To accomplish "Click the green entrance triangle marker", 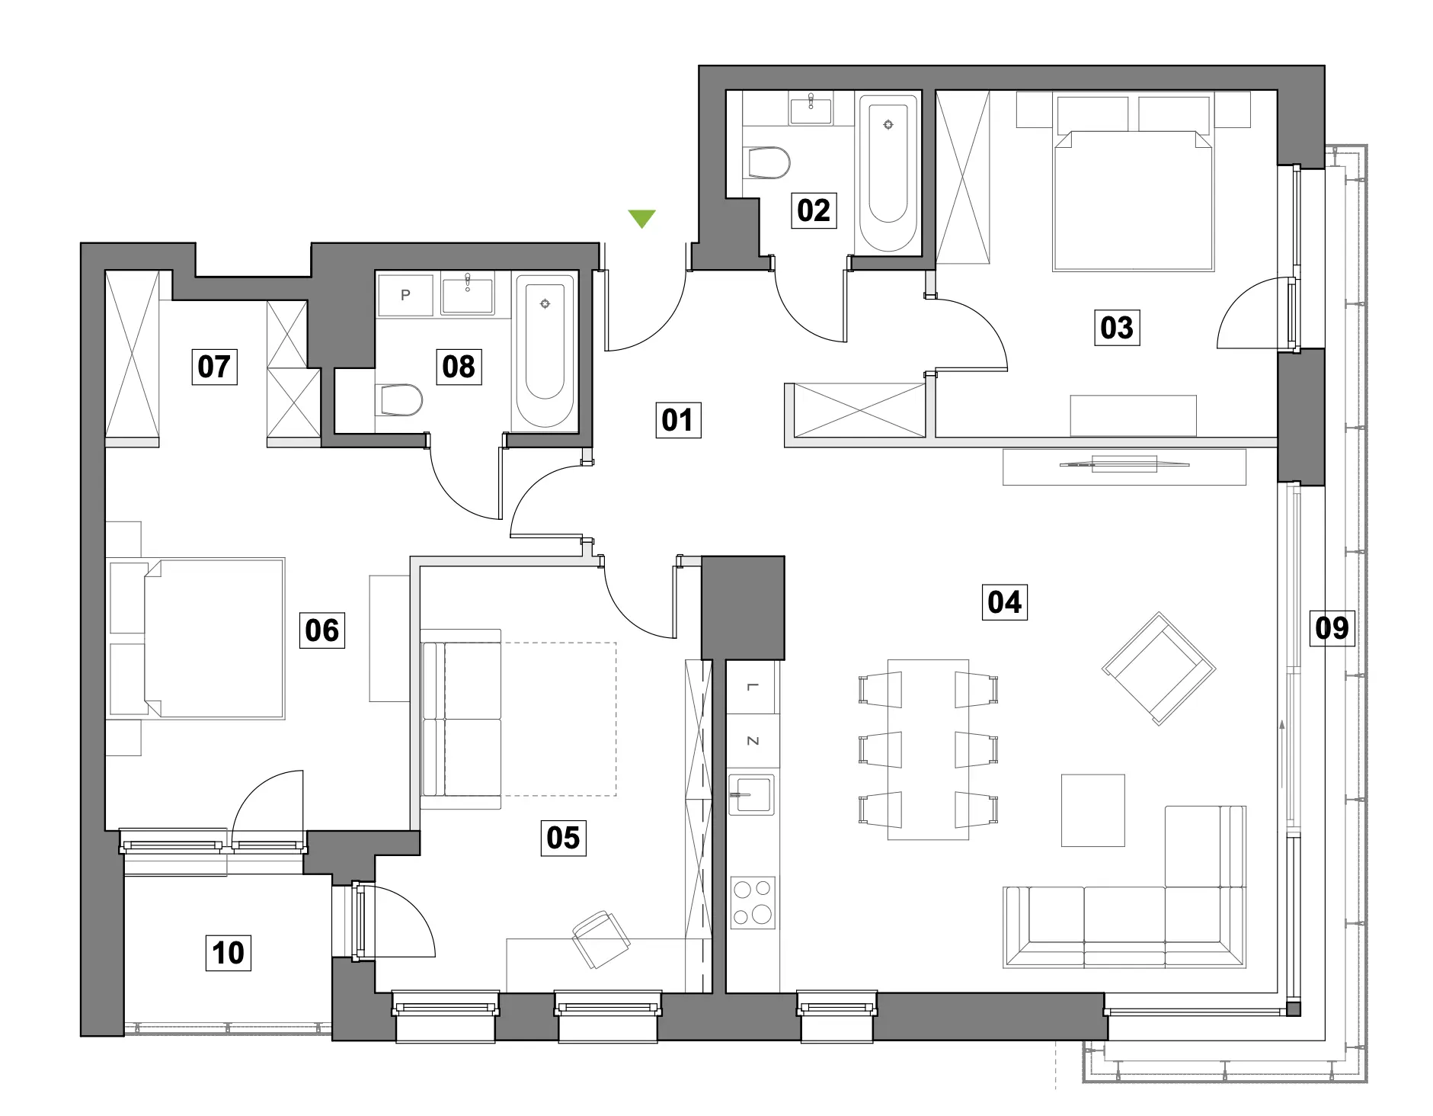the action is point(642,219).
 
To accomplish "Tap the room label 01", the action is point(677,420).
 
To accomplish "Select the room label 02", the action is point(814,210).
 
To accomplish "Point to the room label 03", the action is point(1117,328).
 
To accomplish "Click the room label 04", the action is point(1004,602).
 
